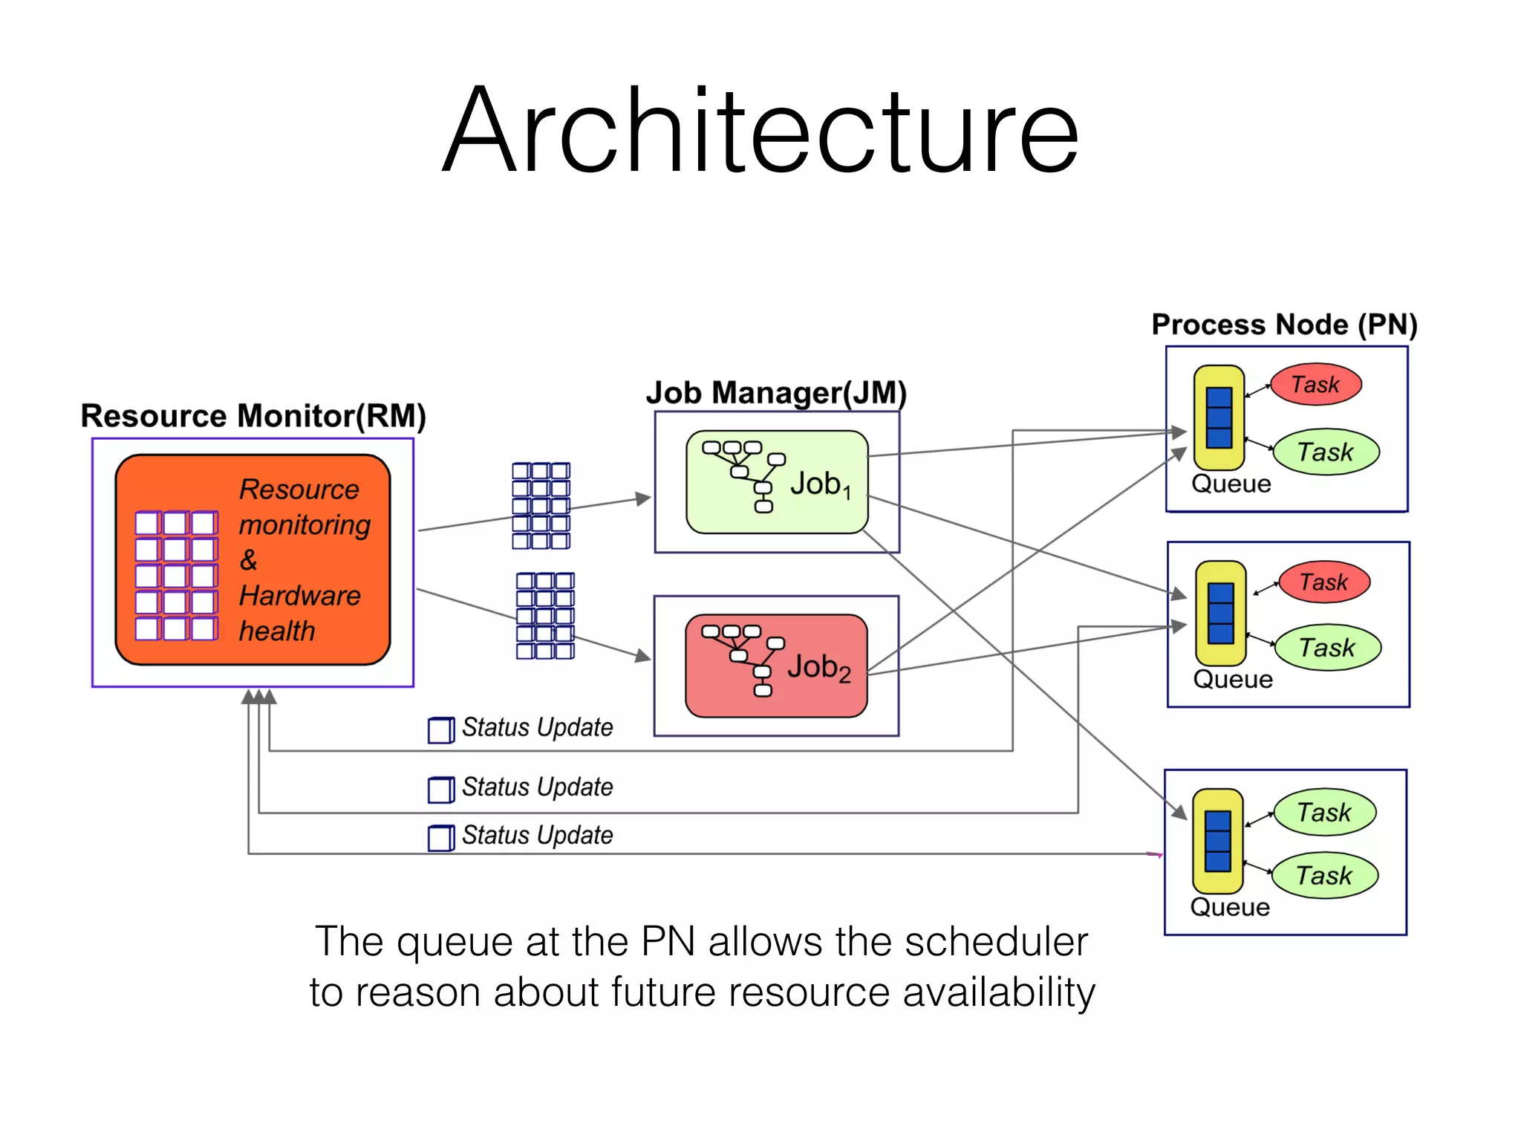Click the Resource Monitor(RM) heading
pyautogui.click(x=253, y=416)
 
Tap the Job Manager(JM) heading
pyautogui.click(x=776, y=392)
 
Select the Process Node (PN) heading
pyautogui.click(x=1284, y=325)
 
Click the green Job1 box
pyautogui.click(x=777, y=482)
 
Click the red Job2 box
pyautogui.click(x=776, y=666)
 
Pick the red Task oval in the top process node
pyautogui.click(x=1315, y=385)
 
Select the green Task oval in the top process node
pyautogui.click(x=1326, y=452)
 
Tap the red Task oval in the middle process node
pyautogui.click(x=1323, y=582)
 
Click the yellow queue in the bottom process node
pyautogui.click(x=1217, y=841)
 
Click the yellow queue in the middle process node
pyautogui.click(x=1220, y=613)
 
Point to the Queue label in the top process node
pyautogui.click(x=1231, y=484)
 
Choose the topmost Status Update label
pyautogui.click(x=537, y=727)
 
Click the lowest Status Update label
pyautogui.click(x=537, y=835)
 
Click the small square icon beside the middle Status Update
pyautogui.click(x=440, y=790)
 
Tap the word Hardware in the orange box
pyautogui.click(x=300, y=596)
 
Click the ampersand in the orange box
pyautogui.click(x=249, y=560)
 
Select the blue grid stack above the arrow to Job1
pyautogui.click(x=541, y=505)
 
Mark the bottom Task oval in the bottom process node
pyautogui.click(x=1324, y=876)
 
